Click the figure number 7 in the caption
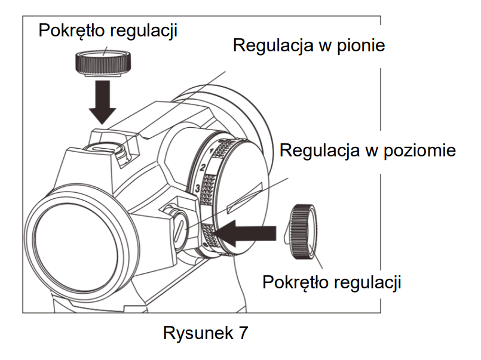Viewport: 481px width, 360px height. [x=242, y=333]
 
